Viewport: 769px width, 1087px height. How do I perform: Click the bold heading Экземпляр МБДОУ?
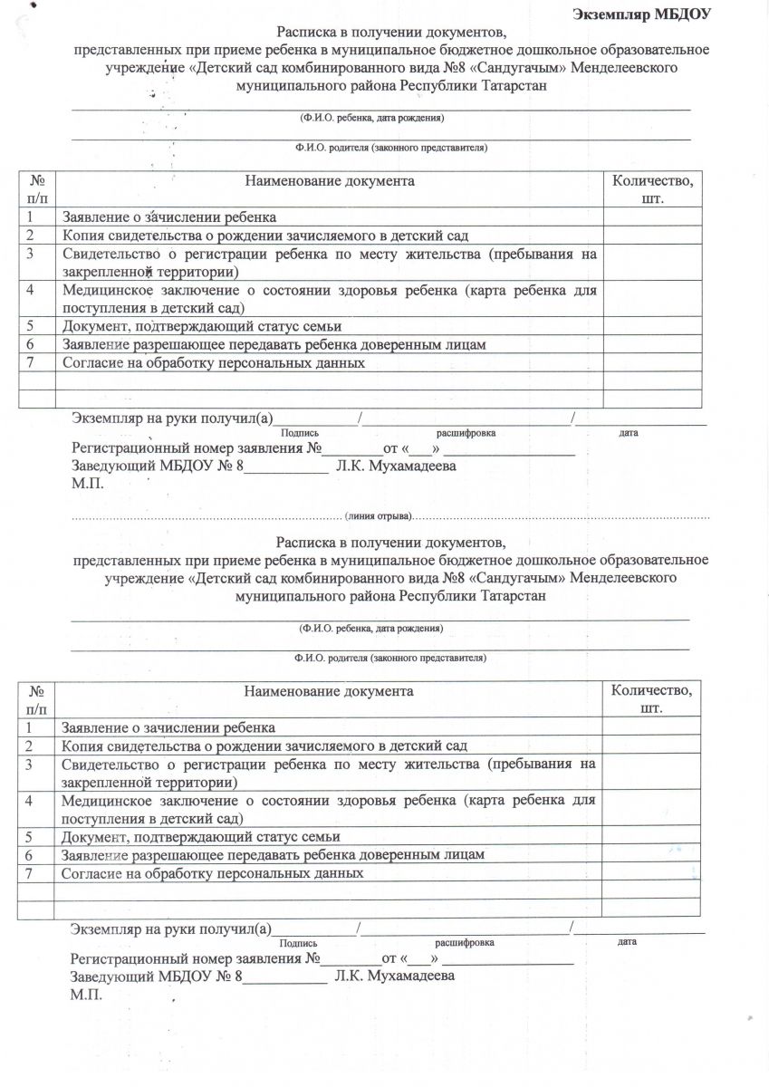(x=642, y=14)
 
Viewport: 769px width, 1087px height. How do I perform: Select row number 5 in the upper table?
(x=31, y=326)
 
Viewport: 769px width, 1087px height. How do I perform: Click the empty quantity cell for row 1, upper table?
(x=652, y=216)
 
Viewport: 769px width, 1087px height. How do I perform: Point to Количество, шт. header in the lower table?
(x=651, y=698)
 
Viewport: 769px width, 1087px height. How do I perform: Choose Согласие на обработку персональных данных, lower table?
(x=212, y=873)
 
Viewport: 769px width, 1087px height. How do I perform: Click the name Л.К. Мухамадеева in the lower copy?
(x=395, y=976)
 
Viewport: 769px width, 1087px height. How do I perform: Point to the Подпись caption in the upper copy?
(x=299, y=433)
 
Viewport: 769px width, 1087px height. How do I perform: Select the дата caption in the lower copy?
(x=626, y=942)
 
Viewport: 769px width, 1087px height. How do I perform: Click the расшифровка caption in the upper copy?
(x=466, y=433)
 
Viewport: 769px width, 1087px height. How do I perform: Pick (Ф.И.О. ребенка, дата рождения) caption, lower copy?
(x=371, y=627)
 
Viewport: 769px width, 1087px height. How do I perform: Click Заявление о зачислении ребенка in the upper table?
(x=169, y=217)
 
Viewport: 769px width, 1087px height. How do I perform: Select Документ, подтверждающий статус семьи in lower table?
(x=200, y=836)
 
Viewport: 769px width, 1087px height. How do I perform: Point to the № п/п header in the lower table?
(x=35, y=698)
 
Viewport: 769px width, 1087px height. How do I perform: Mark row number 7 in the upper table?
(x=31, y=363)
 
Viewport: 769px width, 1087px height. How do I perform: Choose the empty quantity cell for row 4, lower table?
(x=651, y=810)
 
